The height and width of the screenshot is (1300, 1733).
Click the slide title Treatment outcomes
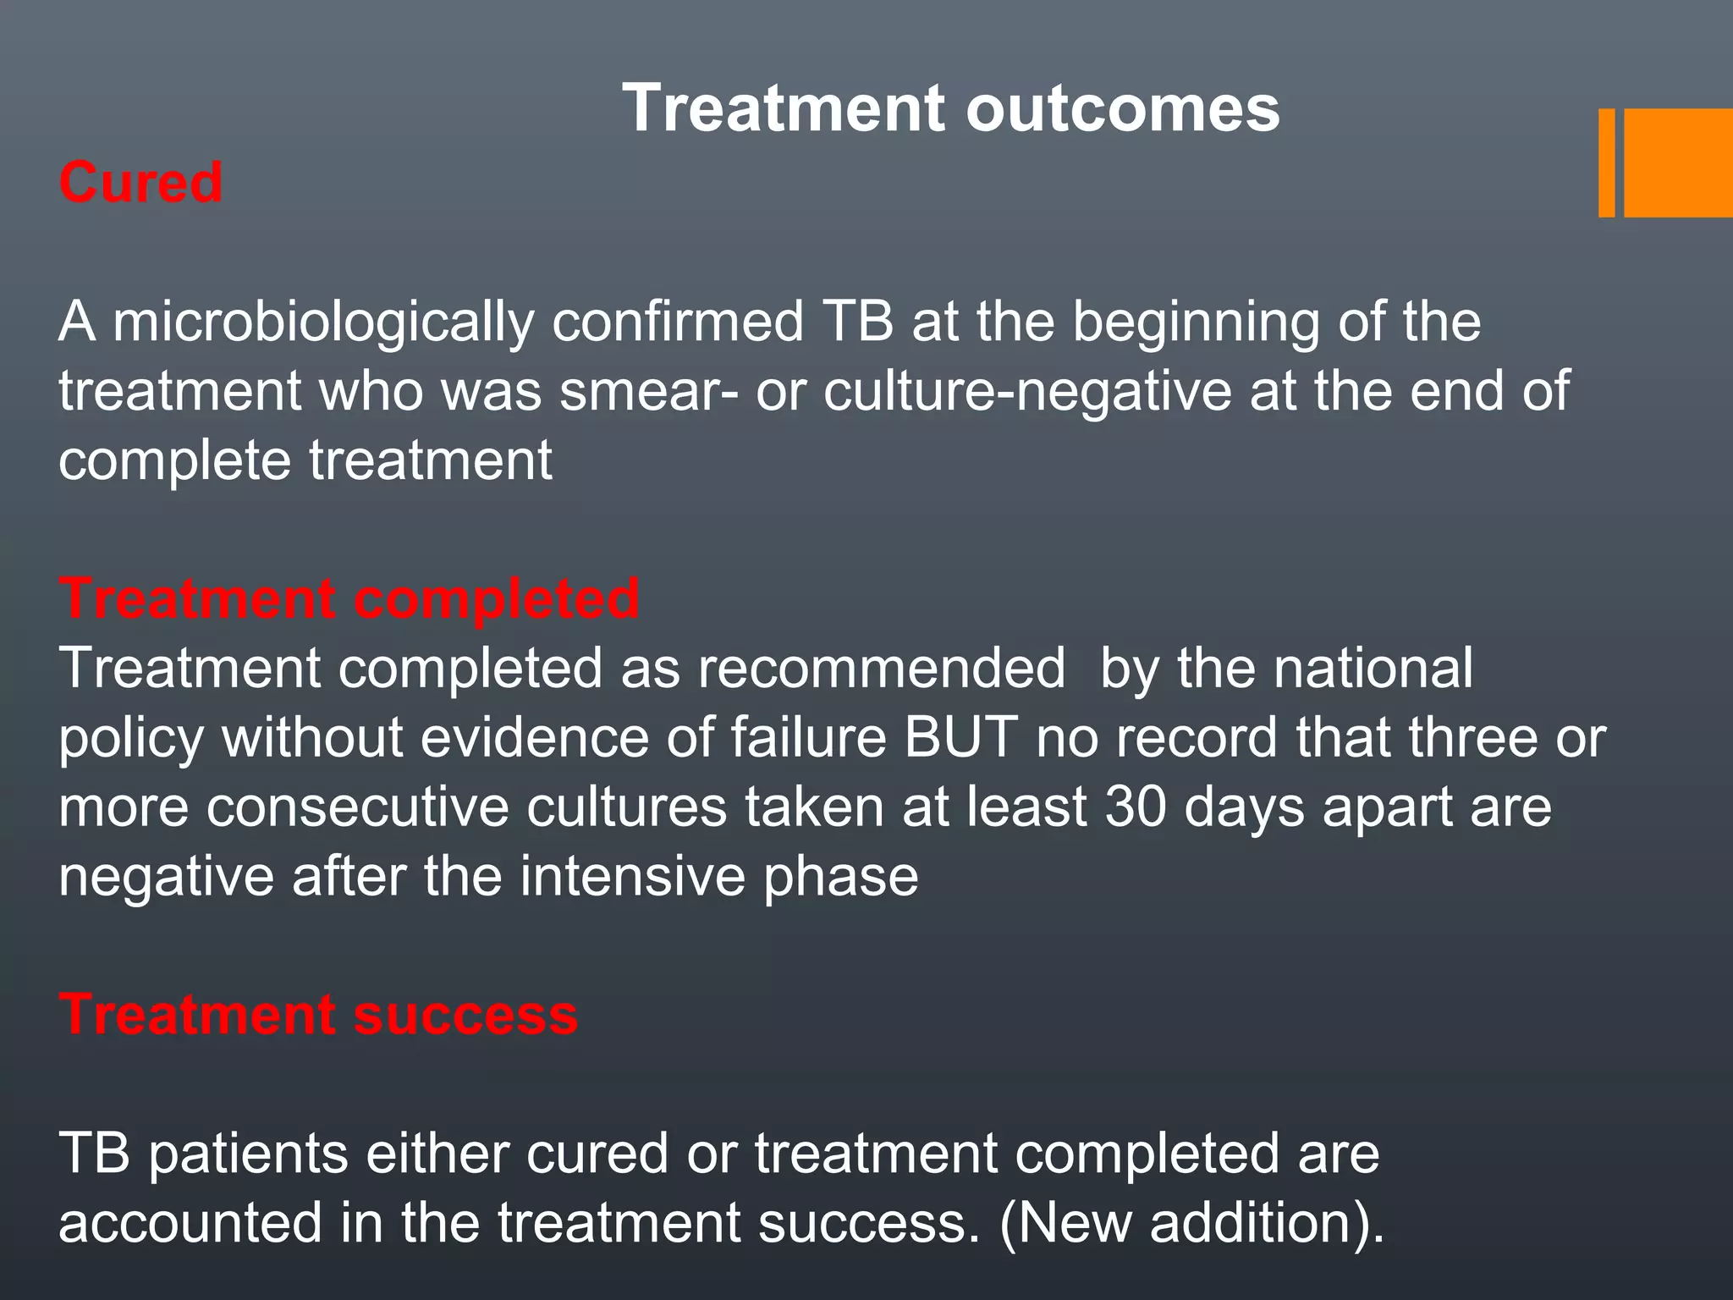(x=951, y=108)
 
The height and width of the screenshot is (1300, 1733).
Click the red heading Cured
(x=140, y=182)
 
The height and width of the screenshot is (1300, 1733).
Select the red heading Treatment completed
(x=349, y=598)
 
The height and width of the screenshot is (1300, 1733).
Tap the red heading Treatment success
(x=318, y=1014)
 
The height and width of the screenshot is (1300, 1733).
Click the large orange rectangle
(x=1677, y=162)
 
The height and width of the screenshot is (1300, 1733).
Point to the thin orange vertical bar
(x=1606, y=162)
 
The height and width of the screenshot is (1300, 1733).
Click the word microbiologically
(x=323, y=322)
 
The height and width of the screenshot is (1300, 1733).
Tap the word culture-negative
(x=1027, y=392)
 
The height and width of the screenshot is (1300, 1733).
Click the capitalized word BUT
(x=960, y=737)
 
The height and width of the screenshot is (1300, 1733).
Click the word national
(x=1373, y=668)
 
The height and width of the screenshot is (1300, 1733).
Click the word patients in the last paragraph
(x=247, y=1154)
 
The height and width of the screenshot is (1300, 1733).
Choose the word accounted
(x=190, y=1223)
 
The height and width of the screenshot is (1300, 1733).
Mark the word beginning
(x=1197, y=322)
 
